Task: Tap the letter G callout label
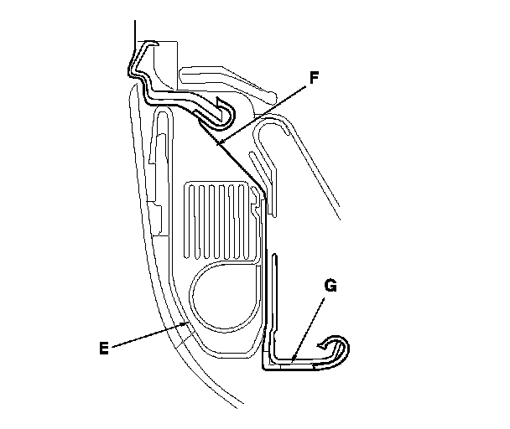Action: [330, 286]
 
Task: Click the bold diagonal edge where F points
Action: [243, 168]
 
